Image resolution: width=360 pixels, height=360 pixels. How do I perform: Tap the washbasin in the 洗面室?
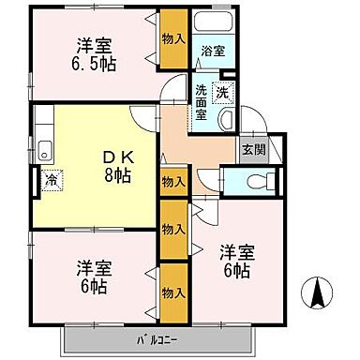pyautogui.click(x=226, y=118)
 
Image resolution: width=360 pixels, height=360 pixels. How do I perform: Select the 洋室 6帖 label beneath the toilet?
pyautogui.click(x=235, y=261)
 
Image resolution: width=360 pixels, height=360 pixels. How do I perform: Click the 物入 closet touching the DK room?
pyautogui.click(x=172, y=182)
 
